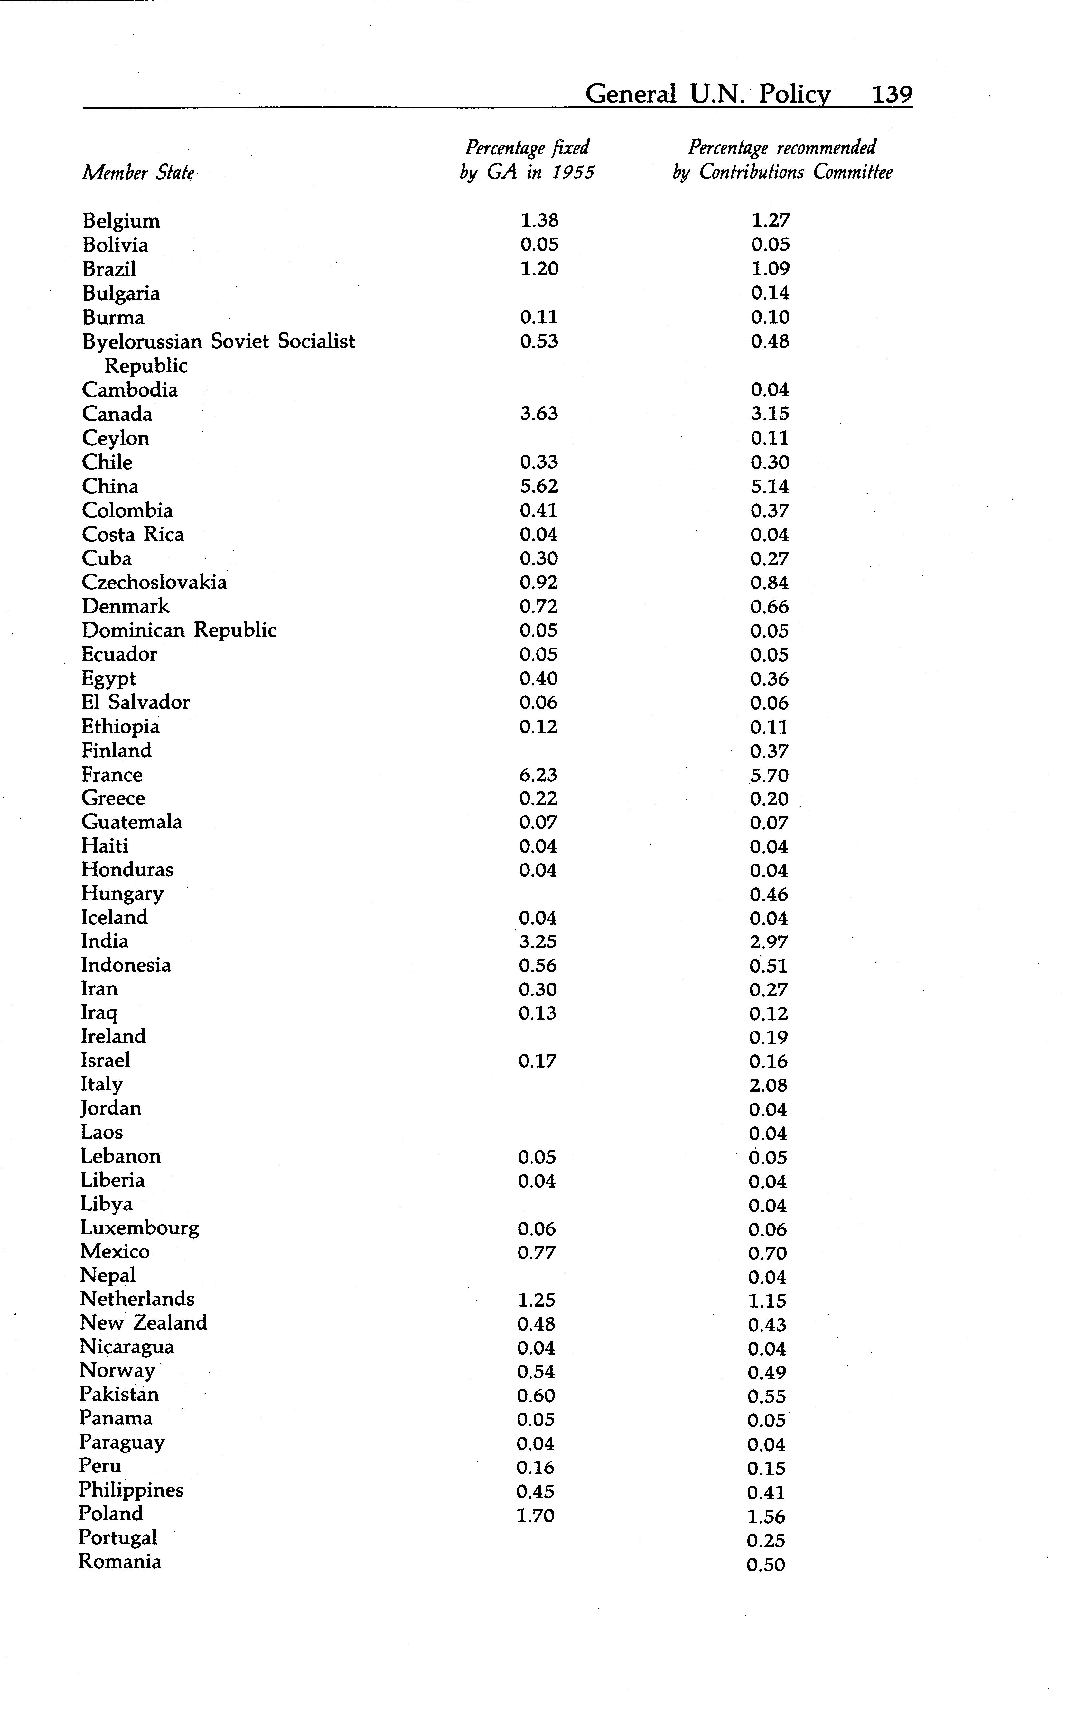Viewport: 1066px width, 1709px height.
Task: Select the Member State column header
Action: coord(138,173)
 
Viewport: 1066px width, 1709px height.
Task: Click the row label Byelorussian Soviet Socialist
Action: coord(219,341)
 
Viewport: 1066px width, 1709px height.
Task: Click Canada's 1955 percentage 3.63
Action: coord(539,414)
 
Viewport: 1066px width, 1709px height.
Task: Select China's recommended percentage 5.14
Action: coord(769,487)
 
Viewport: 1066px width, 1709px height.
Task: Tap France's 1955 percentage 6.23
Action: coord(538,775)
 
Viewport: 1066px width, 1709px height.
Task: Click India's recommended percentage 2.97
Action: coord(769,942)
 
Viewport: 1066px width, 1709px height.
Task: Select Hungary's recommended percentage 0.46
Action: coord(769,895)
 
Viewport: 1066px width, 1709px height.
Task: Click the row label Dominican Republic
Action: coord(179,630)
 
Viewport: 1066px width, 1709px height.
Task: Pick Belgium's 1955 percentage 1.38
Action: coord(539,221)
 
